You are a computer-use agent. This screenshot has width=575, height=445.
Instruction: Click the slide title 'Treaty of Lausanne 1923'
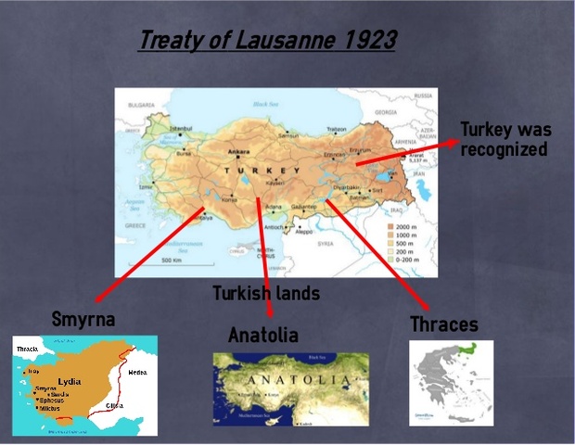click(x=267, y=41)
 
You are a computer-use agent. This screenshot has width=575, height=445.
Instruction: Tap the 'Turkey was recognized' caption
click(x=504, y=139)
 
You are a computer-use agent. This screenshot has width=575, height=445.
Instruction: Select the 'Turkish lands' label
click(x=266, y=294)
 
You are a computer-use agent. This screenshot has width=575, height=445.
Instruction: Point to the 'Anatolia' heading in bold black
click(x=263, y=335)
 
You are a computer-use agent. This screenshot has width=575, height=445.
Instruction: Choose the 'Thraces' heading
click(x=444, y=324)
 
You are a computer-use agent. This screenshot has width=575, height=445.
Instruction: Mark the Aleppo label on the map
click(x=303, y=232)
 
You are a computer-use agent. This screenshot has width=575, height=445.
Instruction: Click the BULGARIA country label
click(x=142, y=106)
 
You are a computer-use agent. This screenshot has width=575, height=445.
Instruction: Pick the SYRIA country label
click(x=325, y=243)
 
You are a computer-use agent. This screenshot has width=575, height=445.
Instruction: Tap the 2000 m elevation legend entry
click(x=405, y=225)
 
